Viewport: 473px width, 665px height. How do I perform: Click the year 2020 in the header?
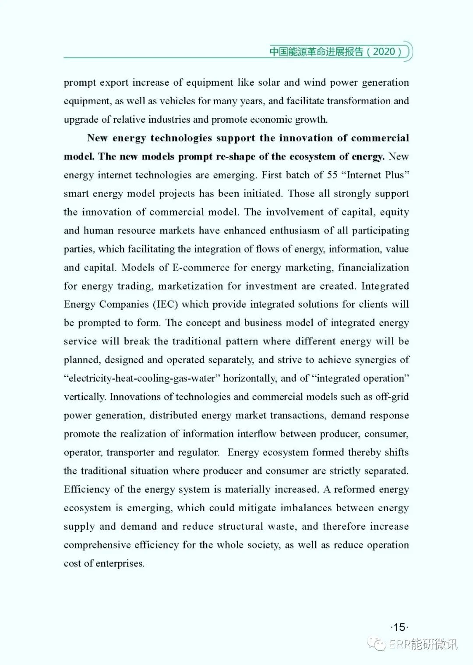[384, 52]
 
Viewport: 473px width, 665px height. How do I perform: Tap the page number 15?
[399, 627]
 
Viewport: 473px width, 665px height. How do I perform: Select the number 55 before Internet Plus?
[332, 175]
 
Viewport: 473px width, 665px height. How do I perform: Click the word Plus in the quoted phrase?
[396, 175]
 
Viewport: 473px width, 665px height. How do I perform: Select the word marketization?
[191, 286]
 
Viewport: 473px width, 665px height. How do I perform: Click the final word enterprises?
[120, 563]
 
